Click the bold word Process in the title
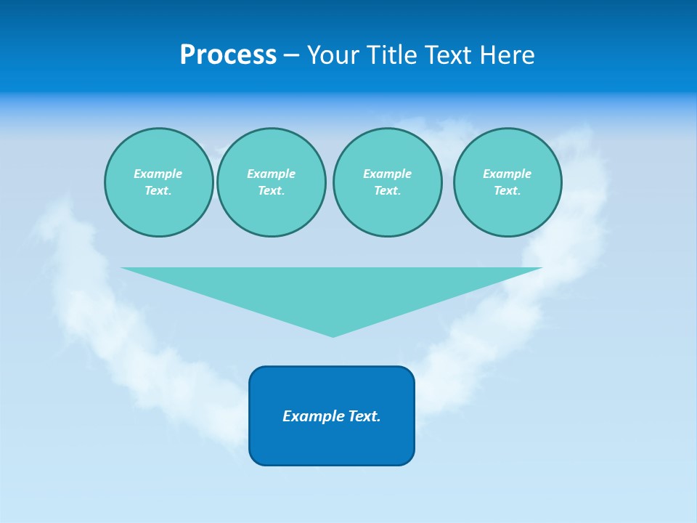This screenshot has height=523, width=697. (x=228, y=55)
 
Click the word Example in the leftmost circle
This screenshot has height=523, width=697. (x=158, y=174)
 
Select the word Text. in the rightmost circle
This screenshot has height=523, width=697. (x=507, y=190)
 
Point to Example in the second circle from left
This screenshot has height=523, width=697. (x=271, y=174)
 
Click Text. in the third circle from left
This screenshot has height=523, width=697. (x=387, y=190)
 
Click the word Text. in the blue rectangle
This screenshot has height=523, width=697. (x=364, y=416)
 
